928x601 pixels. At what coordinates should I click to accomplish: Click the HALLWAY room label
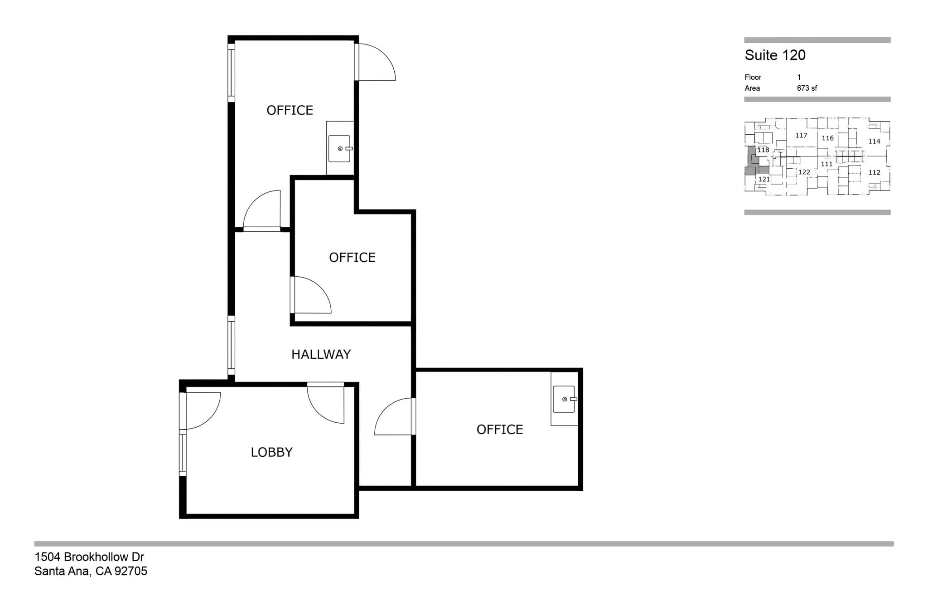(x=321, y=354)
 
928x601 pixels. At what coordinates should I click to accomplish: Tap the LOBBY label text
(x=271, y=452)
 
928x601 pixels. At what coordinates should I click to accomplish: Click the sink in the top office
(x=340, y=148)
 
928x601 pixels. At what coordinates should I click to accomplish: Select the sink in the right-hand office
(x=565, y=399)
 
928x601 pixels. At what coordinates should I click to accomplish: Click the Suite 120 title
(x=775, y=55)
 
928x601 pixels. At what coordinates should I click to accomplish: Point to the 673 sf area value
(x=807, y=88)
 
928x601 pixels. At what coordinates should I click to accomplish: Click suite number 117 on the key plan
(x=801, y=135)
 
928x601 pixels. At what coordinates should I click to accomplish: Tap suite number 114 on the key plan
(x=874, y=142)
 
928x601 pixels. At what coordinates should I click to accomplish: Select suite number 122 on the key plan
(x=804, y=172)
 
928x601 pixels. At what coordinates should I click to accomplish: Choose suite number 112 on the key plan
(x=874, y=172)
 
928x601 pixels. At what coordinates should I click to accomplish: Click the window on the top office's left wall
(x=231, y=73)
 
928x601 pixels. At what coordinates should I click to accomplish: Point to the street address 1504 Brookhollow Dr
(x=89, y=557)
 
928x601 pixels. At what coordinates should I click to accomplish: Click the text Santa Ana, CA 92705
(x=91, y=571)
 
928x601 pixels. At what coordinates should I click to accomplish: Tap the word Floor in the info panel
(x=753, y=77)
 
